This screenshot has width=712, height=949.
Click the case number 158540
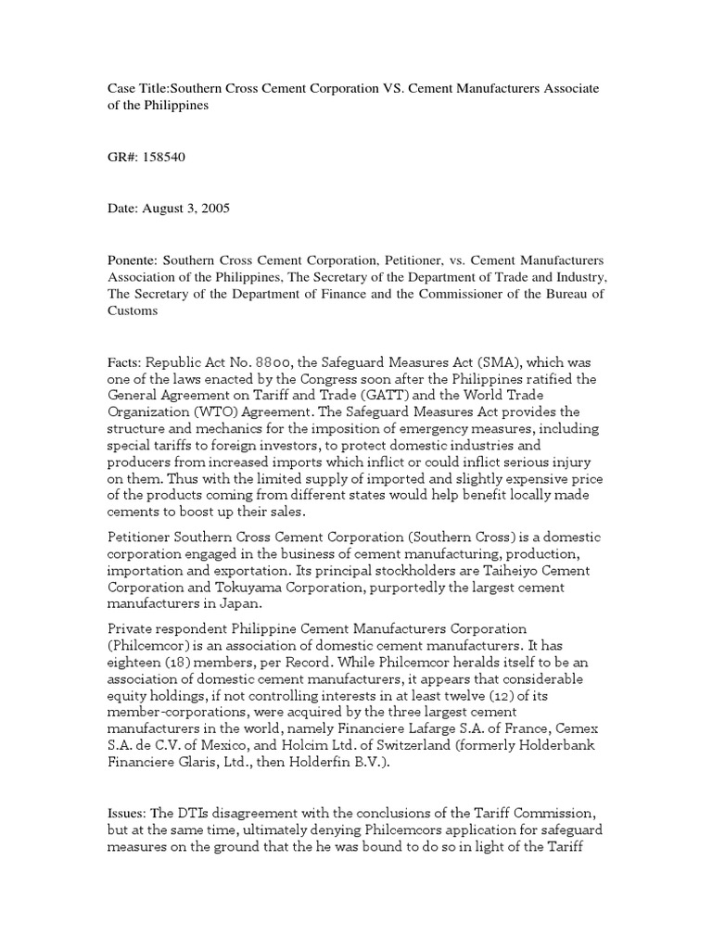pyautogui.click(x=164, y=158)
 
